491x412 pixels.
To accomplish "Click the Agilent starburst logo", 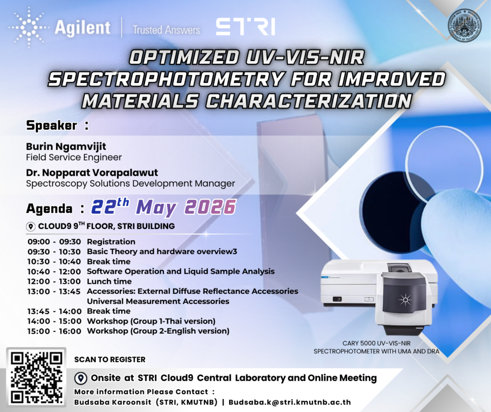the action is tap(29, 27).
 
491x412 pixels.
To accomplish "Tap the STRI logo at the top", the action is tap(245, 27).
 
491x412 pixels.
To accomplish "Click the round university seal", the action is tap(464, 25).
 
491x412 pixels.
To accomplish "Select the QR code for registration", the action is tap(36, 377).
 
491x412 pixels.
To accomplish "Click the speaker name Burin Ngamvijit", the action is tap(66, 146).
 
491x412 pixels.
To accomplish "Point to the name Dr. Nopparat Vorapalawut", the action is tap(92, 172).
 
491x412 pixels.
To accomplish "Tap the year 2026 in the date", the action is tap(210, 207).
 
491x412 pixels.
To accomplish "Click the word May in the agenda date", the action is tap(156, 207).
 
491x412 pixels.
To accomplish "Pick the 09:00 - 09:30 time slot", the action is tap(54, 242).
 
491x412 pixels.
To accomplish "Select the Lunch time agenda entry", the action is tap(109, 281).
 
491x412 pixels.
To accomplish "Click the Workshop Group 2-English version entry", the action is tap(158, 331).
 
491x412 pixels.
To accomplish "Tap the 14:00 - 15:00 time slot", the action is tap(54, 321).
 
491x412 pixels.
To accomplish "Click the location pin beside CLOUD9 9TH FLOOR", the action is tap(31, 226).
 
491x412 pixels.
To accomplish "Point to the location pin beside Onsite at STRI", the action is tap(81, 378).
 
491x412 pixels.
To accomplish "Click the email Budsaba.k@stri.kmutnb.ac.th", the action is tap(290, 402).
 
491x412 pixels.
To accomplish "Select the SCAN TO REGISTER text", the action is tap(110, 359).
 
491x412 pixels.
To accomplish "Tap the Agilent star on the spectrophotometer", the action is tap(405, 300).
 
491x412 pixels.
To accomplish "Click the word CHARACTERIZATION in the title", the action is tap(308, 101).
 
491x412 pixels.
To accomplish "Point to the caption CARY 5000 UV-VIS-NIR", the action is tap(376, 343).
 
